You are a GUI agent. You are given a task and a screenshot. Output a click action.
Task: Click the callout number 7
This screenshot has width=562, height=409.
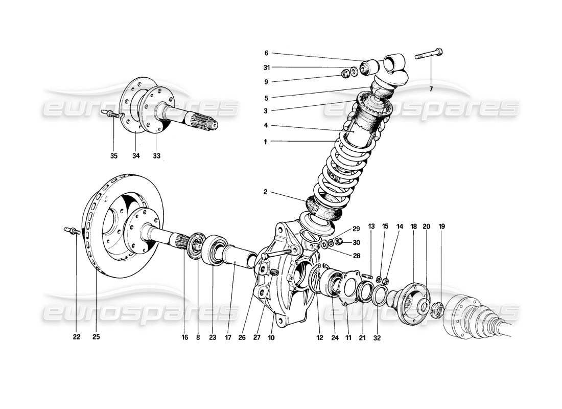coord(431,89)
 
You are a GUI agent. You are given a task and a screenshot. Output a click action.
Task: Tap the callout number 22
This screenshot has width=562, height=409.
coord(76,337)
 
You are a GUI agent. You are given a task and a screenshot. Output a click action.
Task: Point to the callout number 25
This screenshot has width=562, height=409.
coord(97,337)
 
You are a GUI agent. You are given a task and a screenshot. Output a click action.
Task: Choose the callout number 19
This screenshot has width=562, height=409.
coord(442,225)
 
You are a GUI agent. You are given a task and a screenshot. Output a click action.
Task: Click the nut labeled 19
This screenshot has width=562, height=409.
coord(438,308)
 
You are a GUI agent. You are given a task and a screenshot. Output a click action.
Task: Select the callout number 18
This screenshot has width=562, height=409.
coord(413,225)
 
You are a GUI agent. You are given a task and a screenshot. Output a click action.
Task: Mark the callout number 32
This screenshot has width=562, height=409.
coord(377,337)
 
